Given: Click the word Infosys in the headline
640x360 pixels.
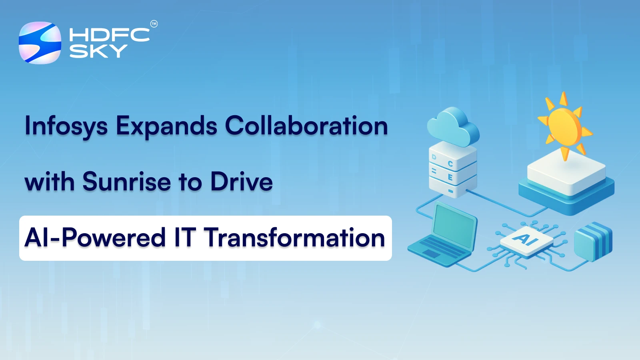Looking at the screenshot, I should (66, 126).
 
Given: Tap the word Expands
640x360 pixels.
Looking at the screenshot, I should (166, 126).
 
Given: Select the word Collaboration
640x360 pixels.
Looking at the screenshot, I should (306, 126).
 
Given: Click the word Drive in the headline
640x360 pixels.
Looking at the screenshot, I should (242, 182).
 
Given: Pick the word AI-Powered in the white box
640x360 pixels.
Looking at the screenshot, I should (95, 238).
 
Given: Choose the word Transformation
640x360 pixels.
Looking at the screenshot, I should (294, 238).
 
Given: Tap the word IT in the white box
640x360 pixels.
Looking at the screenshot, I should (185, 238).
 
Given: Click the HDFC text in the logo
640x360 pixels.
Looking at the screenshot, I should (109, 35).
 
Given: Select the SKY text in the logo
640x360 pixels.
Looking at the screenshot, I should (98, 51).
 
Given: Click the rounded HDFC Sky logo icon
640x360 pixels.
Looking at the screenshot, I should (40, 43).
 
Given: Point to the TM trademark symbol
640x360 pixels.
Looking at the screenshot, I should (154, 24).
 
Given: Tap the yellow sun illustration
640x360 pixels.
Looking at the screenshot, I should (564, 126).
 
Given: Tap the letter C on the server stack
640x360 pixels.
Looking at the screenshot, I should (450, 164).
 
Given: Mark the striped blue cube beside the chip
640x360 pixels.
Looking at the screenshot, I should (593, 241).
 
